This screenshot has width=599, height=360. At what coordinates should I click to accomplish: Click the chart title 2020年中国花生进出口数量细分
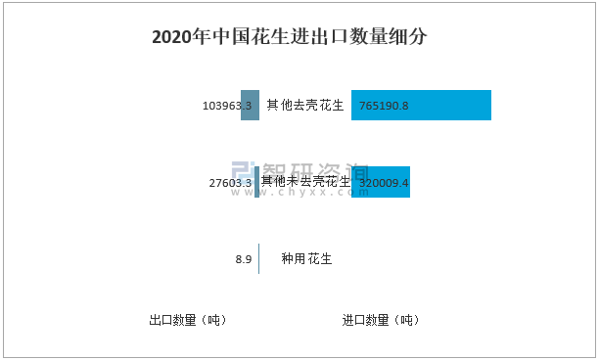click(289, 37)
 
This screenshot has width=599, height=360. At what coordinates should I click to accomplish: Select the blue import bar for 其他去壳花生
click(421, 105)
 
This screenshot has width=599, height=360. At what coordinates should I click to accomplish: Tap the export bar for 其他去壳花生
click(250, 105)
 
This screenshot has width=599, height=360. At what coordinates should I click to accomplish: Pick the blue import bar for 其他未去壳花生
click(381, 182)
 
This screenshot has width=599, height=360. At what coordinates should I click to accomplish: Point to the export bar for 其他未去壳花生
click(256, 182)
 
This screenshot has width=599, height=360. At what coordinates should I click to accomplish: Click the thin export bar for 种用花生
click(258, 259)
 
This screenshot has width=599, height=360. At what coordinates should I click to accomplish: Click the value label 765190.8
click(384, 106)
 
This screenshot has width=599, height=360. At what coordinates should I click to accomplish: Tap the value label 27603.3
click(231, 183)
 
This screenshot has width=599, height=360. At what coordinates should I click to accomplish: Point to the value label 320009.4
click(384, 183)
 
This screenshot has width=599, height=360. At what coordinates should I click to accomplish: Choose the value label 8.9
click(244, 260)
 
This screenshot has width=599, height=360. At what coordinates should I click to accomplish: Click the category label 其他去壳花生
click(305, 105)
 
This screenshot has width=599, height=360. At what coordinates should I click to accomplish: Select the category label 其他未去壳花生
click(305, 181)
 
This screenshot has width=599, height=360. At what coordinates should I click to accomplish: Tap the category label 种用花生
click(306, 259)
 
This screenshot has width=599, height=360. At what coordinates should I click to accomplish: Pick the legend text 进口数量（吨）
click(381, 320)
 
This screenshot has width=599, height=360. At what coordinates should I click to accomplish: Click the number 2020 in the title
click(171, 37)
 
